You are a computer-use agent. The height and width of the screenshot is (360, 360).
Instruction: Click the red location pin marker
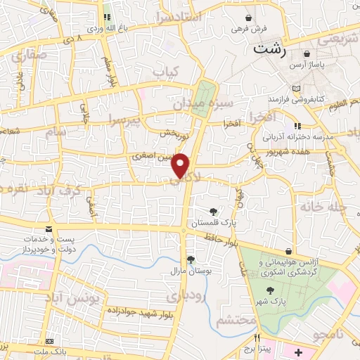(x=181, y=165)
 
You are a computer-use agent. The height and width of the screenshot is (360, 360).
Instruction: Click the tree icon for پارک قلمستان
(x=213, y=211)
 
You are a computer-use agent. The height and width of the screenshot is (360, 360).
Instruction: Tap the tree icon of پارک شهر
(x=269, y=290)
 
